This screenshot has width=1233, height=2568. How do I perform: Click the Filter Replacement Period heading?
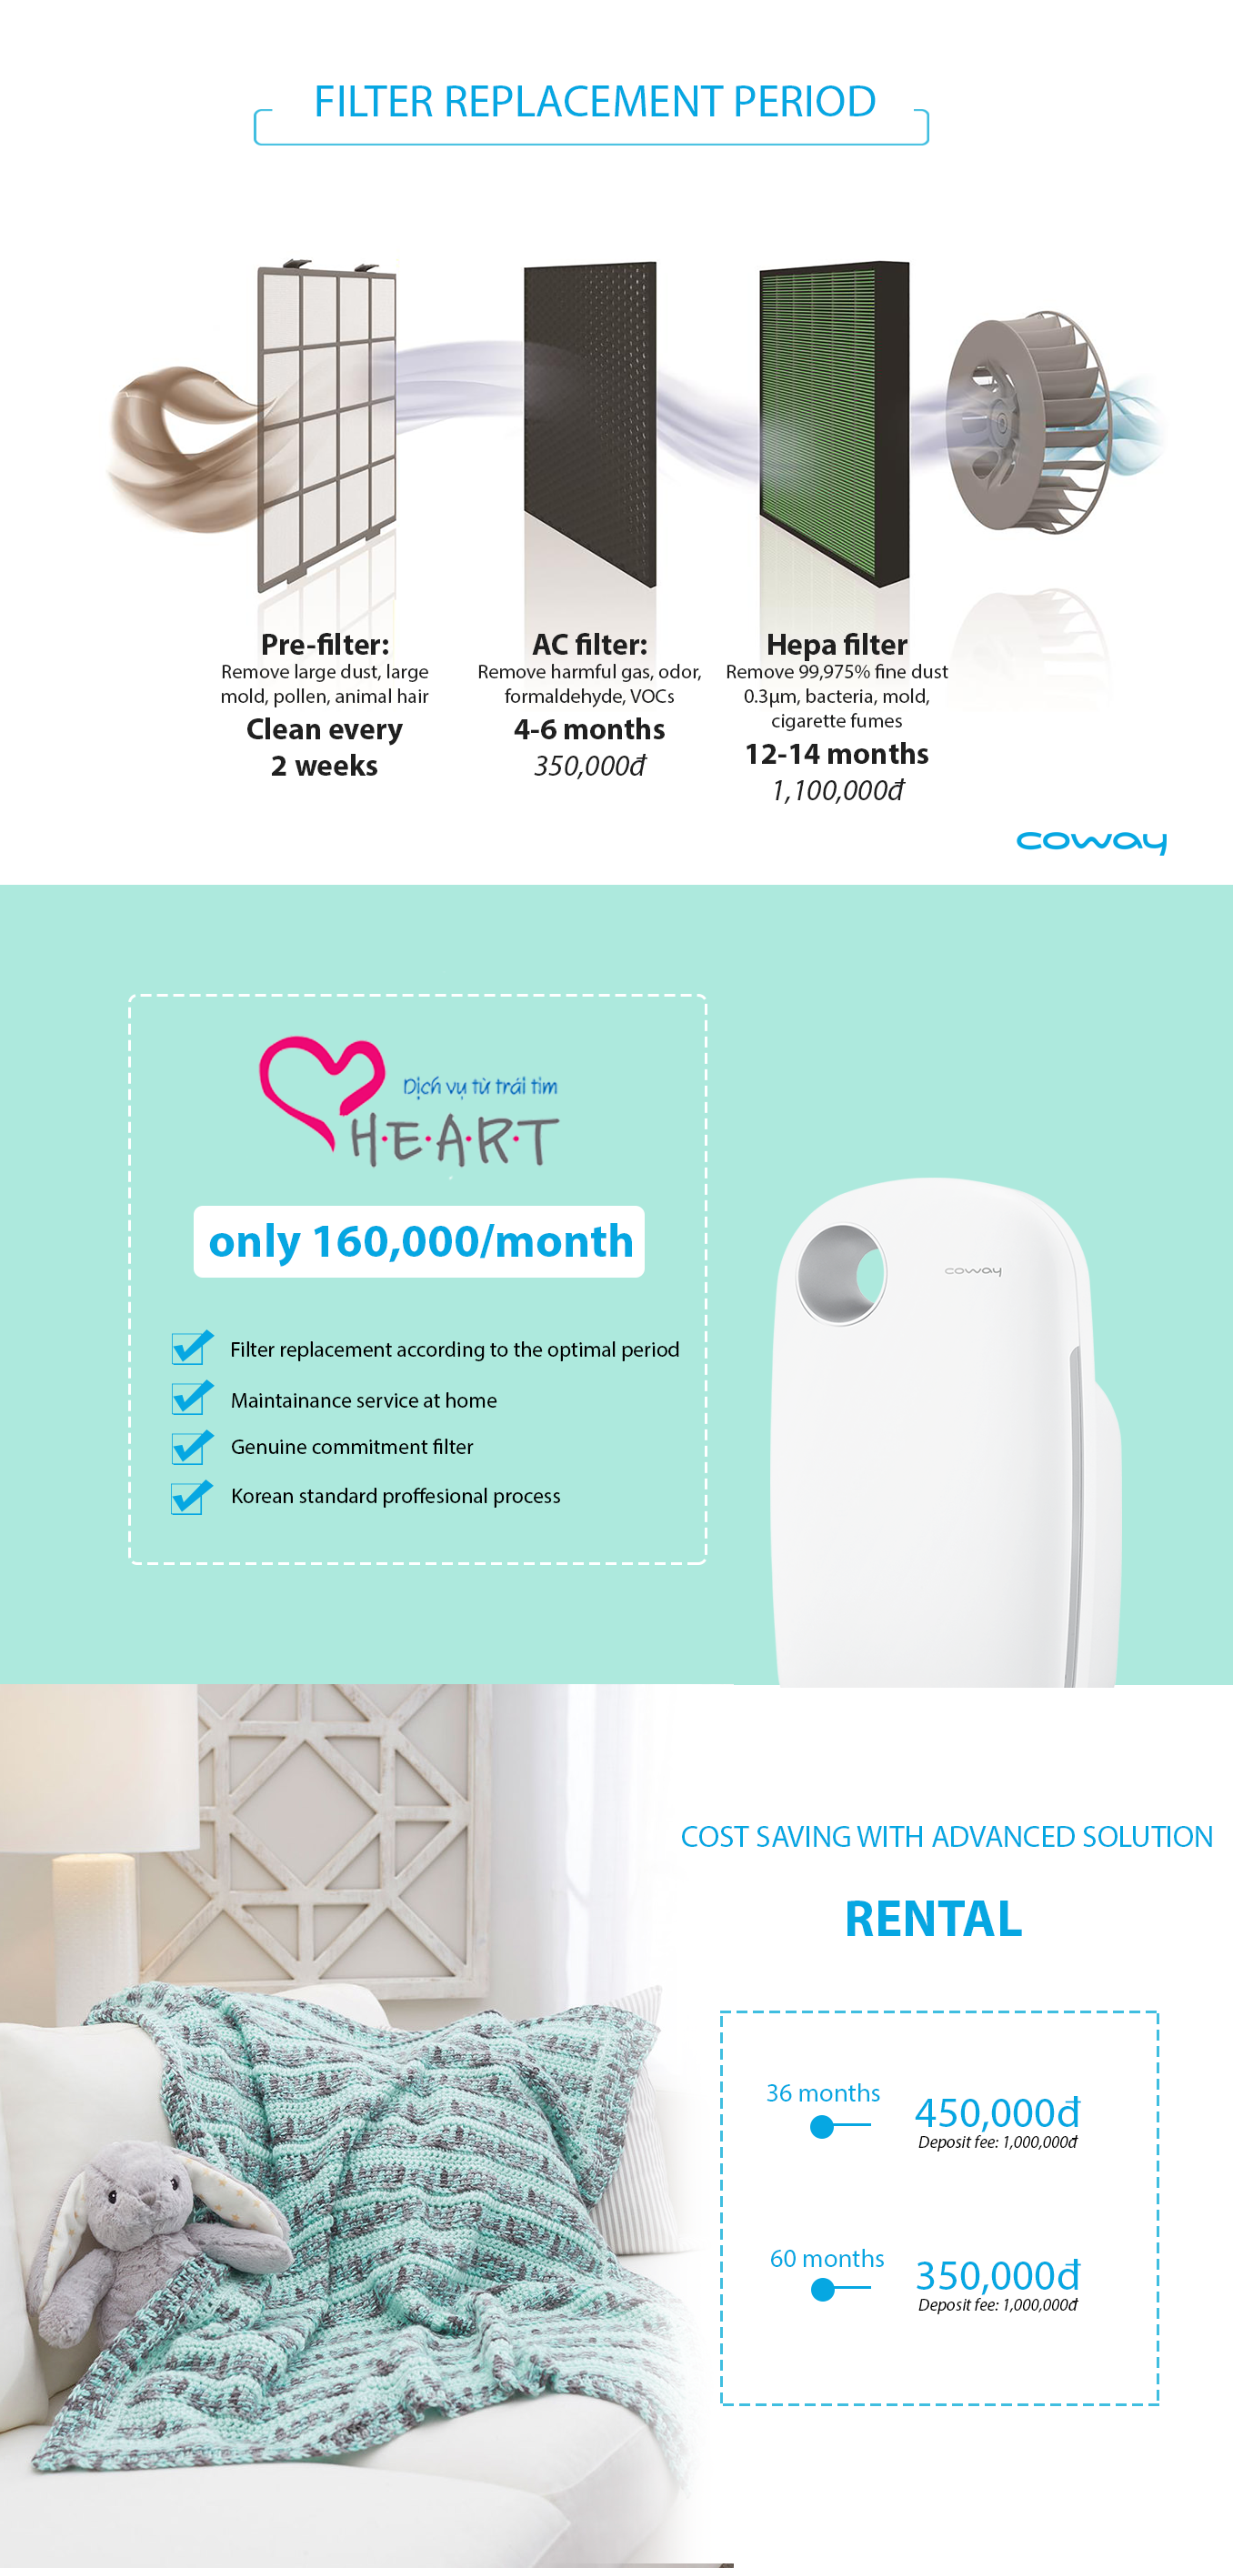(595, 102)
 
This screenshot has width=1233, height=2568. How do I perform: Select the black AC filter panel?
(590, 423)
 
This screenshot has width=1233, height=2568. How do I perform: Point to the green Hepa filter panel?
(835, 423)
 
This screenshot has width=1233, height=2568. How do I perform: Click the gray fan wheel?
(1027, 421)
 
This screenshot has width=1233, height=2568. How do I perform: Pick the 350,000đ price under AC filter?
(589, 766)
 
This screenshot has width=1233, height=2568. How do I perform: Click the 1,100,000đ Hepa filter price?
(837, 790)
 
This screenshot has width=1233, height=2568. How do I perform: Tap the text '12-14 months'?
(837, 754)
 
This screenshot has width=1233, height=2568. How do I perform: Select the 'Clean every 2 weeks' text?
(324, 747)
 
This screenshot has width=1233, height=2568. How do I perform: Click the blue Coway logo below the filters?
(1091, 841)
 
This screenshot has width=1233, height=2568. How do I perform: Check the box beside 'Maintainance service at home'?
(190, 1398)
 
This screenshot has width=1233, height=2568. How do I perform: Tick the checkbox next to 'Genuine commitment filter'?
(190, 1447)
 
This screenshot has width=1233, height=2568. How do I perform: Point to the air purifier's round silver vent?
(841, 1274)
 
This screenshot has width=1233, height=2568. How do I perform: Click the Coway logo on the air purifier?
(973, 1271)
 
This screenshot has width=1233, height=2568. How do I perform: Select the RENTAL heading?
(933, 1919)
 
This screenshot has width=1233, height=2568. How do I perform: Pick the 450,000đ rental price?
(997, 2112)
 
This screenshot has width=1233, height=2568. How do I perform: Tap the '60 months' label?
(827, 2258)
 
